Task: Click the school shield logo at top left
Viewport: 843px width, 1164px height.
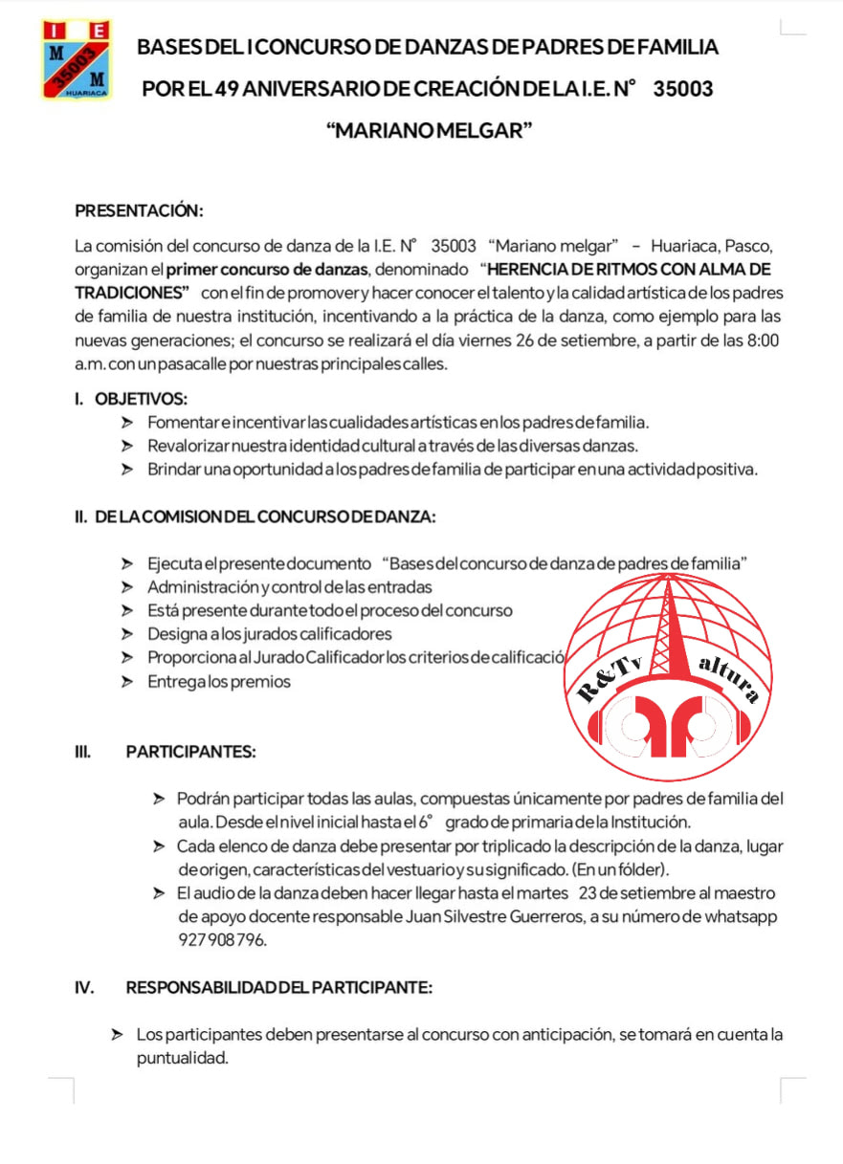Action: [76, 59]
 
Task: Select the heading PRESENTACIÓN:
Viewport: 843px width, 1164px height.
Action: [139, 210]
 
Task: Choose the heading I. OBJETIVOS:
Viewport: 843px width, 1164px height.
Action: [131, 399]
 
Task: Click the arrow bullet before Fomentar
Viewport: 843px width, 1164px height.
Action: [127, 422]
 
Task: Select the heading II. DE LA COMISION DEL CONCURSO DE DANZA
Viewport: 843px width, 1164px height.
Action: [255, 517]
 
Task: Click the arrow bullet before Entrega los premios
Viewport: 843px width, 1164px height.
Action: [127, 682]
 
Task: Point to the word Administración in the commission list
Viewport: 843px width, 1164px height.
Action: [202, 587]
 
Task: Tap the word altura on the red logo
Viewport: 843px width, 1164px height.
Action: [729, 677]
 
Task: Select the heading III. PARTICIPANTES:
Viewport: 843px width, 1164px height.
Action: [190, 752]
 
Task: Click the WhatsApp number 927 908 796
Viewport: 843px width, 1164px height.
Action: [222, 939]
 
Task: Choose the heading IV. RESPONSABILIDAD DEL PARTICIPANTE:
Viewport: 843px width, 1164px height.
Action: [278, 988]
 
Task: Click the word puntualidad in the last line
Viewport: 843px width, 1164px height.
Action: [183, 1058]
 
